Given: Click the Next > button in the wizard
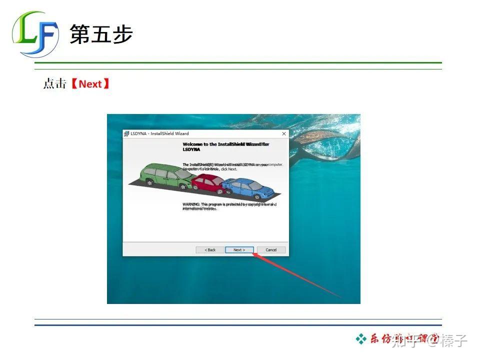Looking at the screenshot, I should point(239,249).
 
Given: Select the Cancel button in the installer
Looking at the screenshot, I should point(271,249).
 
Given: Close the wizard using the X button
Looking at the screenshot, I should point(284,134).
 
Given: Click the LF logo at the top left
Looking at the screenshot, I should point(35,33).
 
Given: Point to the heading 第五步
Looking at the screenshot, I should point(101,34).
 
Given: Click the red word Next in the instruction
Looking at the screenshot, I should point(90,84).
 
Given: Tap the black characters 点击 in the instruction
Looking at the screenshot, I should point(54,84).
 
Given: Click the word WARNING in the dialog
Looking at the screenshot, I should point(191,204).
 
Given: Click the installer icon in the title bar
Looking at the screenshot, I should point(126,134).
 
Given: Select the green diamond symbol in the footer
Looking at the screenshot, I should point(361,338).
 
